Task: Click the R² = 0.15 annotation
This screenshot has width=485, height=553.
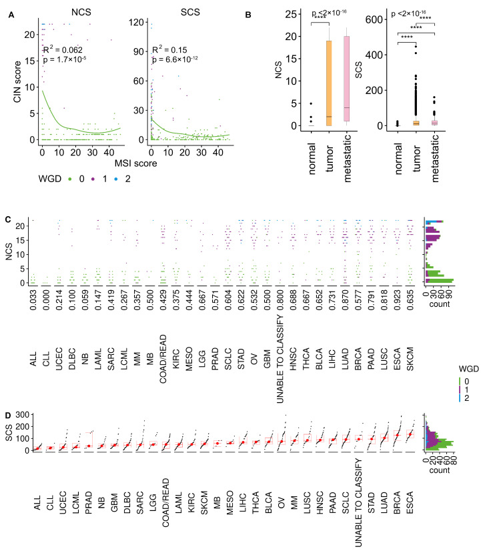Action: [x=169, y=49]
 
